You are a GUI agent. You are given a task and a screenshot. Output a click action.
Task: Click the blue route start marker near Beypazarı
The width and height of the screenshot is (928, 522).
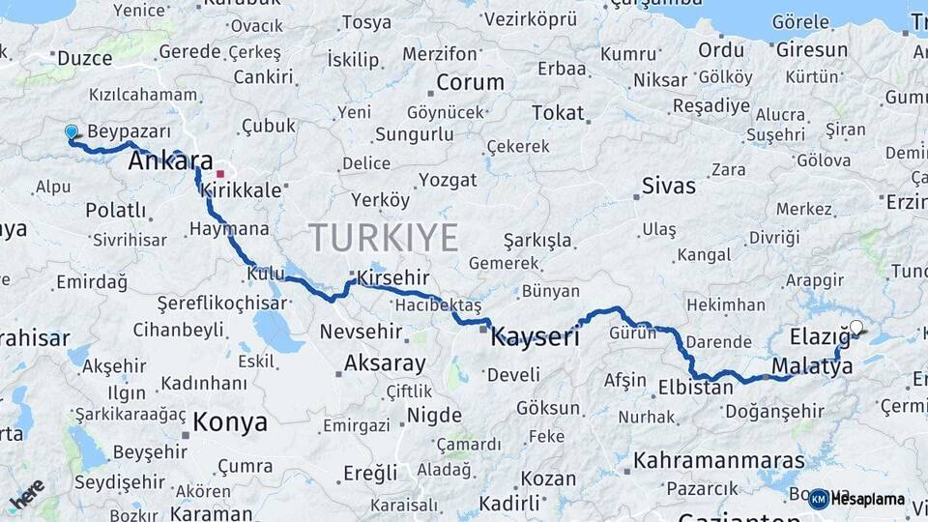click(71, 131)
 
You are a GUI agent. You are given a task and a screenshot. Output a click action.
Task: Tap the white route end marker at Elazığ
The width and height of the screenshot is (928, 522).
click(855, 328)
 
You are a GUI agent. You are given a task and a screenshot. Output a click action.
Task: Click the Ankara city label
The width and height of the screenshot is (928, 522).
click(170, 161)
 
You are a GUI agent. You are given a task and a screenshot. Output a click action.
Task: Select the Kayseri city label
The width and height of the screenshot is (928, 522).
click(535, 337)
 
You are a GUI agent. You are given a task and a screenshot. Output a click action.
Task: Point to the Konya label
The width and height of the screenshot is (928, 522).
click(229, 421)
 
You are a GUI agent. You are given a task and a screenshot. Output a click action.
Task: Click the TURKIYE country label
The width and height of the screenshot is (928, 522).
click(384, 237)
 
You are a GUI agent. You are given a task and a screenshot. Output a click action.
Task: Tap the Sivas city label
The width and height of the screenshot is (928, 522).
click(668, 186)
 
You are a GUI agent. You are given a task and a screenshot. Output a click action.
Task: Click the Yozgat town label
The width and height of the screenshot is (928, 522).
click(449, 180)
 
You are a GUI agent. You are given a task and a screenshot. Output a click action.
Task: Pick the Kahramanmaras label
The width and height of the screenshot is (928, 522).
click(718, 460)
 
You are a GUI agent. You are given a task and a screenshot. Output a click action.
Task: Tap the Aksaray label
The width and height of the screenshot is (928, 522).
click(385, 363)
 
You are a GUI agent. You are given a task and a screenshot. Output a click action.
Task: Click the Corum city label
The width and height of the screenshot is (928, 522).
click(470, 82)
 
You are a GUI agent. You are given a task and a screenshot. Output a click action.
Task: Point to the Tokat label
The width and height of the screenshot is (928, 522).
click(558, 113)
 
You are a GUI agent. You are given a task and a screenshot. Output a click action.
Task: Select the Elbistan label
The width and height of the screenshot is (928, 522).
click(695, 389)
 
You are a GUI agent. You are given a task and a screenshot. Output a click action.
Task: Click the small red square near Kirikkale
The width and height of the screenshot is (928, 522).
click(220, 174)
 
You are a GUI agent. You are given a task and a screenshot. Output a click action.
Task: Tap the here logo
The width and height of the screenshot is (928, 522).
click(26, 493)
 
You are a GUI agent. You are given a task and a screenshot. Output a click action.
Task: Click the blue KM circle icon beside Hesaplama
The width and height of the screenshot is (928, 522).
click(818, 499)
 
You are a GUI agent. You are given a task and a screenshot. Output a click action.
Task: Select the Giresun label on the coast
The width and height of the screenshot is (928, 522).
click(811, 50)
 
